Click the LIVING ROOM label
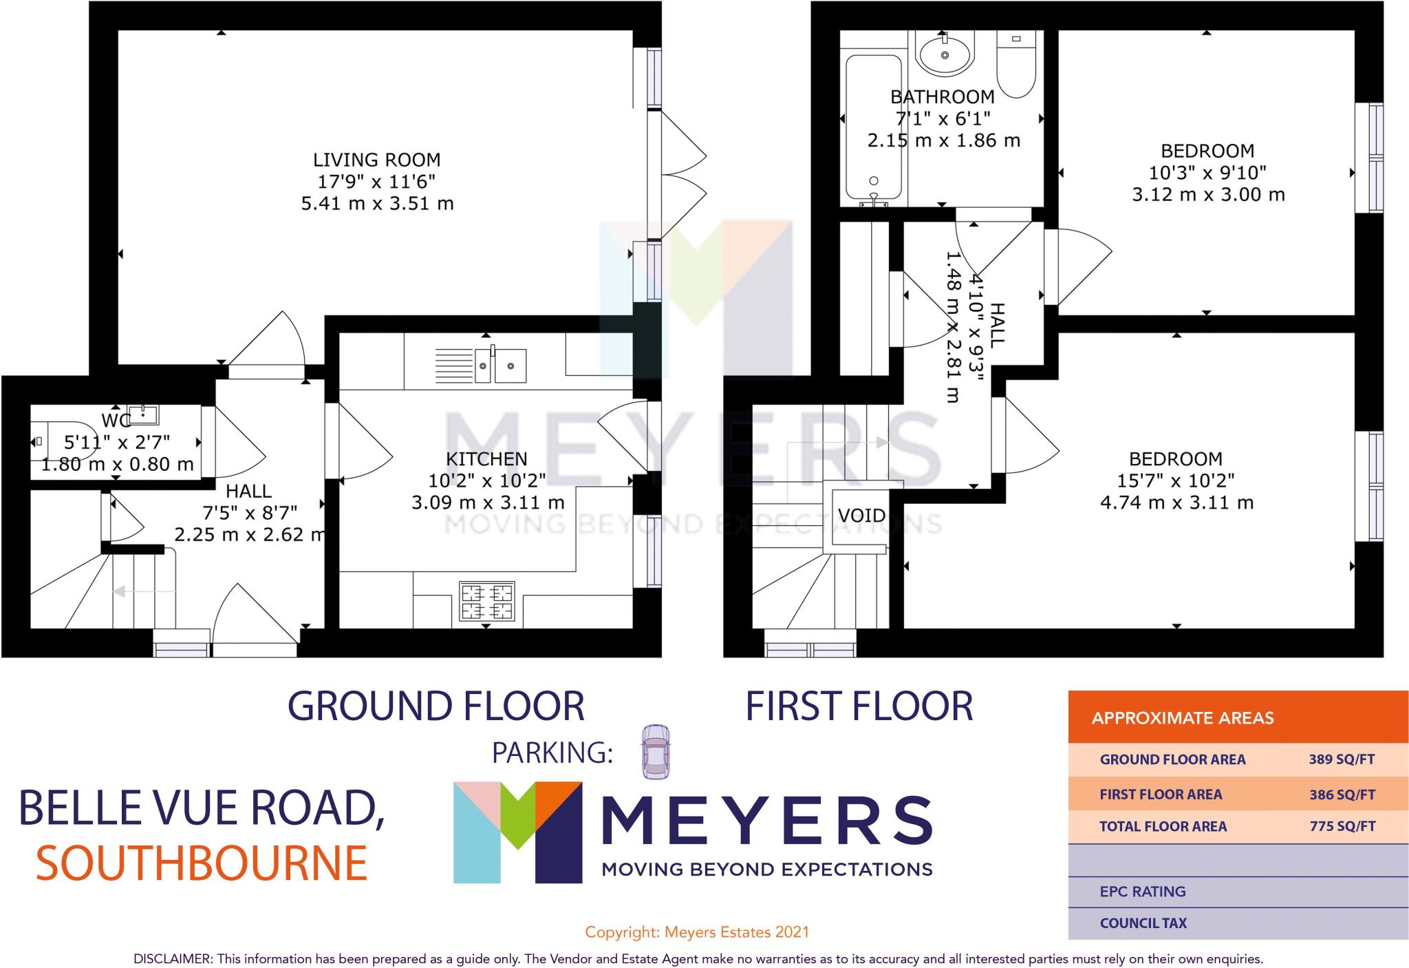click(x=376, y=160)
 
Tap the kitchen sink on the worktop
click(x=501, y=365)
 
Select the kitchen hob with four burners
click(x=486, y=602)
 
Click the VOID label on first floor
click(x=861, y=515)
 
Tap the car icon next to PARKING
click(x=656, y=752)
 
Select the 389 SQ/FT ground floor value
click(x=1341, y=760)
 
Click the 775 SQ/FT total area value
click(x=1342, y=827)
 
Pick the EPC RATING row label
click(x=1142, y=892)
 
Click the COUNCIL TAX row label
click(x=1143, y=923)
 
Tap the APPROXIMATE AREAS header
click(x=1182, y=718)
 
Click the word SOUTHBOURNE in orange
click(x=202, y=863)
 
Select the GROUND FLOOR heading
click(x=435, y=706)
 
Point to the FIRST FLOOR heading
click(x=859, y=706)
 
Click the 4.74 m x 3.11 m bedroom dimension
click(x=1176, y=503)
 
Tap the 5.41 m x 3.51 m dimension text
click(x=377, y=204)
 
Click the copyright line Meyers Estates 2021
click(x=696, y=932)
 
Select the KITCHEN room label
click(x=486, y=459)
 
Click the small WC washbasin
click(x=144, y=414)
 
